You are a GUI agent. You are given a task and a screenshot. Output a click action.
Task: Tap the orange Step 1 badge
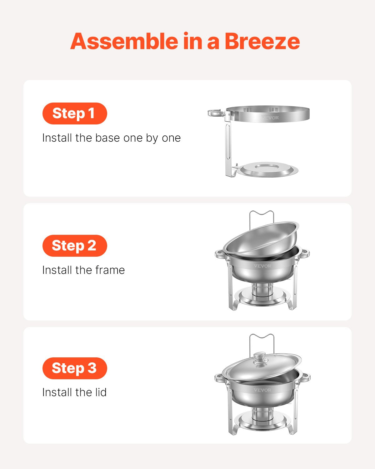(75, 113)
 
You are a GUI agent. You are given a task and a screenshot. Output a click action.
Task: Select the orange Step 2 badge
(75, 246)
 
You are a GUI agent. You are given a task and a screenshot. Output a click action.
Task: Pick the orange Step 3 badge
(75, 368)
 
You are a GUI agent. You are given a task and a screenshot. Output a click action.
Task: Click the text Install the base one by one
(111, 138)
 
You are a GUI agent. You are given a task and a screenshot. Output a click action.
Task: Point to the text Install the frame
(83, 270)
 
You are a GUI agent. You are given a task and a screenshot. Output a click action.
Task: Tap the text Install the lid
(74, 392)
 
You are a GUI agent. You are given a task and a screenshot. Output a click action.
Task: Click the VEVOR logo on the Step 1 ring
(270, 118)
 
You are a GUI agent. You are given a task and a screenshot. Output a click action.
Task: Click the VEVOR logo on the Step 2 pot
(262, 266)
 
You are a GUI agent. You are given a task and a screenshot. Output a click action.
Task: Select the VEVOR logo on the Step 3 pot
(262, 390)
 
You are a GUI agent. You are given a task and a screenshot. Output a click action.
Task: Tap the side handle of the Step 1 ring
(216, 113)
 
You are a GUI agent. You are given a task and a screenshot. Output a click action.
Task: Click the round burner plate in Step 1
(269, 169)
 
